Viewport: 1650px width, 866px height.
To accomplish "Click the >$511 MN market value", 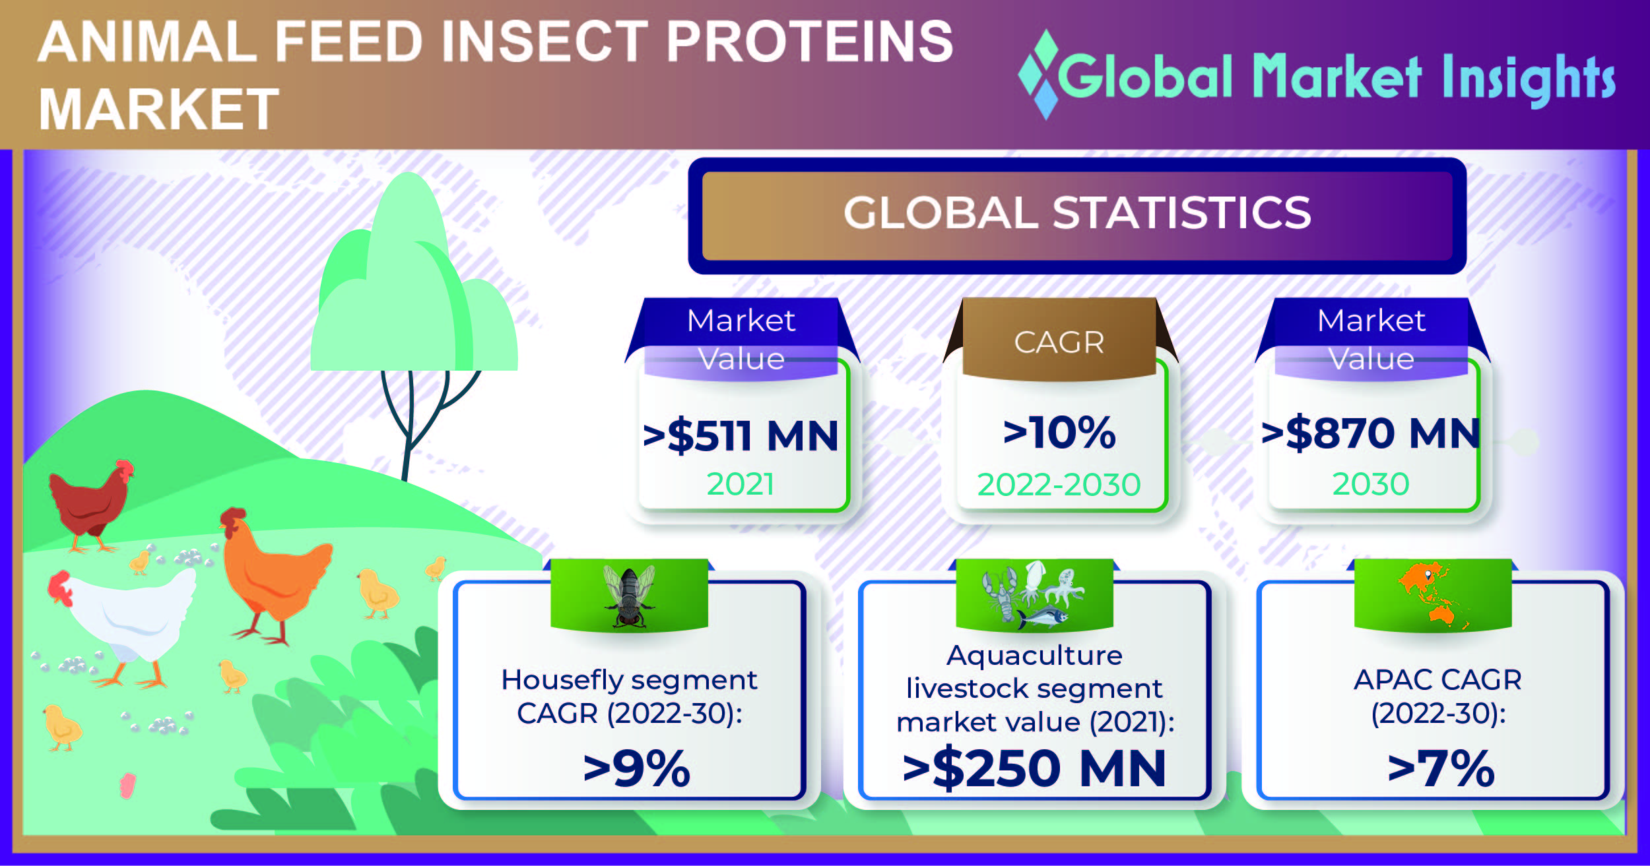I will coord(741,436).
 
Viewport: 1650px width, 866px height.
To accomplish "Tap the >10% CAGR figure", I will coord(1059,433).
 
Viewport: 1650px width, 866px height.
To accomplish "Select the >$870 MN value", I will coord(1371,433).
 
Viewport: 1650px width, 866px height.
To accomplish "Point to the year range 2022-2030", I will coord(1059,485).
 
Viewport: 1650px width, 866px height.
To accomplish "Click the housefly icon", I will coord(629,596).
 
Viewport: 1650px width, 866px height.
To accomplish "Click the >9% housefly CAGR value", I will coord(637,769).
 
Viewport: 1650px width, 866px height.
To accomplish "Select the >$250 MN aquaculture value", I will coord(1034,769).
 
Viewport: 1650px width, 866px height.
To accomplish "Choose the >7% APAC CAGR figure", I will coord(1441,769).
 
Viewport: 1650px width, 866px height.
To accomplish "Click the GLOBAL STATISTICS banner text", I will coord(1077,213).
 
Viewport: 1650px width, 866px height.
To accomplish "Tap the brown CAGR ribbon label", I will coord(1059,342).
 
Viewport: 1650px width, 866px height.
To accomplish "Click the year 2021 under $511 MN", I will coord(740,484).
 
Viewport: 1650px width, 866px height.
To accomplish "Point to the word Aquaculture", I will coord(1034,656).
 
